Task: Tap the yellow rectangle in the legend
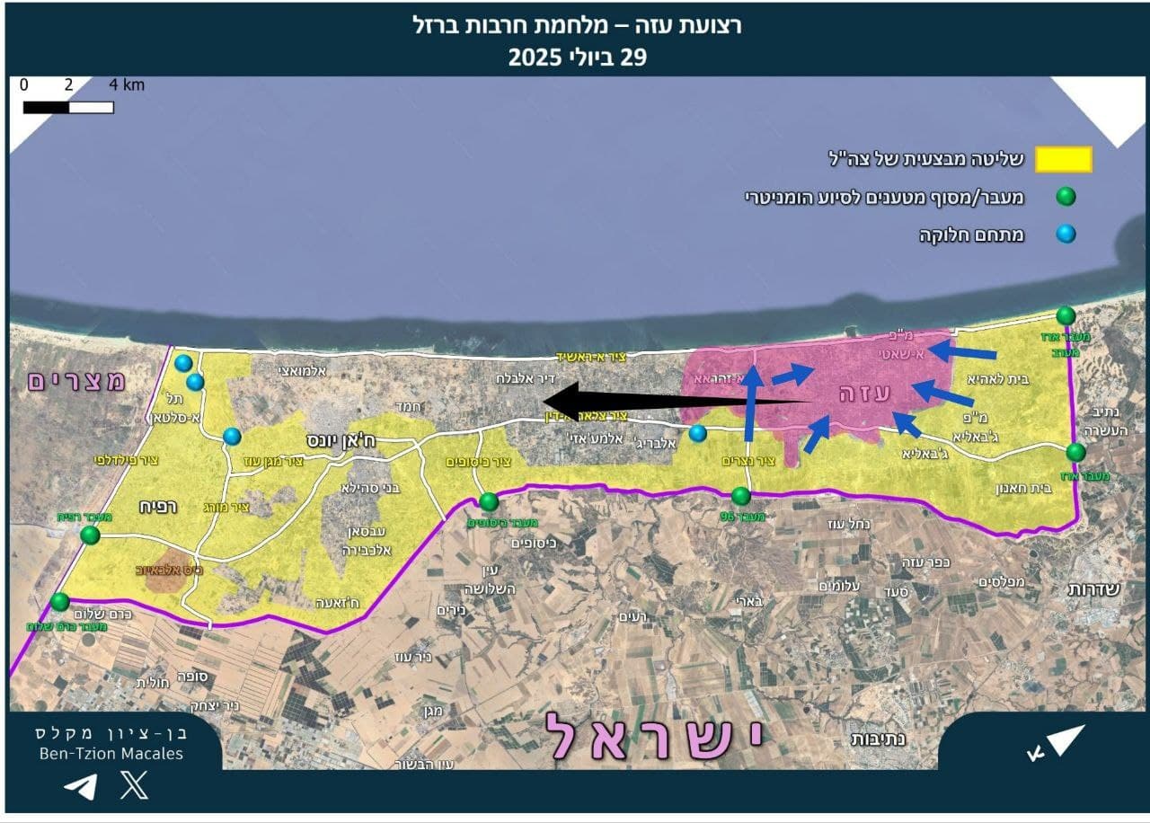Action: point(1064,160)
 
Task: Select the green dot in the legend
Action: point(1066,197)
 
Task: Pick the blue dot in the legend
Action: point(1066,235)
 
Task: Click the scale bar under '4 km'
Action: point(68,108)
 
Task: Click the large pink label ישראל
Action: point(653,736)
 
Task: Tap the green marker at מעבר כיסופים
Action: point(489,501)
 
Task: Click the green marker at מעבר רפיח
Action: point(90,535)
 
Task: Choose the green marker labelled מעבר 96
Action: point(741,496)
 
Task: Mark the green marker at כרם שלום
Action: point(60,601)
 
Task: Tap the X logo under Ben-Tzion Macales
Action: point(134,787)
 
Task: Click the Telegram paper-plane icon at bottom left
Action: point(80,787)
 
